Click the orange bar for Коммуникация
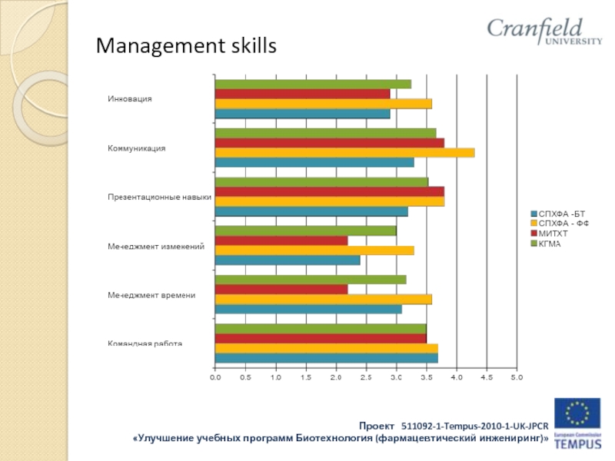[344, 152]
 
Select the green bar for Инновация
[313, 84]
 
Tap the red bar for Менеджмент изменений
[281, 240]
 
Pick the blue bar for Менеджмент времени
[308, 309]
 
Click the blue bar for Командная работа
[326, 358]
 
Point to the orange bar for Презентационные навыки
[329, 201]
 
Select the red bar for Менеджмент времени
[281, 290]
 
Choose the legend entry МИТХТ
[553, 234]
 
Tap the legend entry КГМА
[550, 244]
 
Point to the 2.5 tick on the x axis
[366, 377]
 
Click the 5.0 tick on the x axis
[517, 377]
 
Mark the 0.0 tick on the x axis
[215, 377]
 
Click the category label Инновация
[129, 98]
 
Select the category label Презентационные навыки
[159, 197]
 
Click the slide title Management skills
[184, 48]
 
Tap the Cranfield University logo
[544, 32]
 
